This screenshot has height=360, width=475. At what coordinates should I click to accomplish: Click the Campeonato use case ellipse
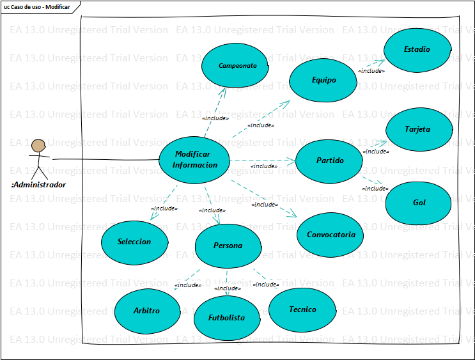tap(238, 65)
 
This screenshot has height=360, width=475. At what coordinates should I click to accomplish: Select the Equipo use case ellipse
tap(323, 80)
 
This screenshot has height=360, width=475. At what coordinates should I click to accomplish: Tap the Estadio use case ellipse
tap(417, 49)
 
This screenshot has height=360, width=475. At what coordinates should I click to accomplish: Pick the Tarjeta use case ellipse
tap(417, 129)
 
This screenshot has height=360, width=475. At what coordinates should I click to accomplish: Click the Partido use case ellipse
tap(330, 160)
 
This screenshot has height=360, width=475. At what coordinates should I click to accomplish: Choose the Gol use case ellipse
tap(419, 203)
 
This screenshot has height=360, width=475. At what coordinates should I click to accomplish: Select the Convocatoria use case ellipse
tap(331, 234)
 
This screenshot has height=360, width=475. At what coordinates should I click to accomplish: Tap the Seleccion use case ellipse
tap(134, 242)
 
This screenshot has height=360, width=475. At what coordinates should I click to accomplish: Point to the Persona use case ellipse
tap(228, 246)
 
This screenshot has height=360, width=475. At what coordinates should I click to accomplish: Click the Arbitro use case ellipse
tap(147, 311)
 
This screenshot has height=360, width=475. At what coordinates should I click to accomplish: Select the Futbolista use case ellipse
tap(226, 317)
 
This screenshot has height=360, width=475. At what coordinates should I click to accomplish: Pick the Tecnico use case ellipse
tap(302, 309)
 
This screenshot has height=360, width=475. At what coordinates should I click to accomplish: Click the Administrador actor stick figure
tap(39, 158)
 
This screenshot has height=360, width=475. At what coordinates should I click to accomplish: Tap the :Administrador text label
tap(38, 185)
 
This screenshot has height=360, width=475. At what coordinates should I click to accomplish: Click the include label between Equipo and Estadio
tap(371, 71)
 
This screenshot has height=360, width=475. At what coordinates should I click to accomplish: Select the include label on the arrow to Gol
tap(375, 189)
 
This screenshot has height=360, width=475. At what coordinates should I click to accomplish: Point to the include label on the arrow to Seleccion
tap(164, 208)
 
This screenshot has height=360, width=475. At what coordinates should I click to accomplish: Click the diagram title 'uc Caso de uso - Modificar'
tap(37, 6)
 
